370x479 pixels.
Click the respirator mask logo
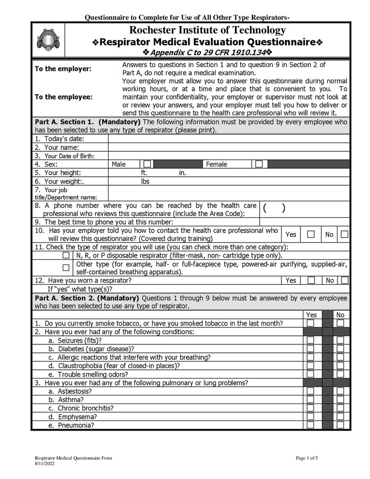coord(47,40)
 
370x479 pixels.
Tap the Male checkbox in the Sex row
coord(147,164)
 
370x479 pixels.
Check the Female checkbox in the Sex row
coord(259,164)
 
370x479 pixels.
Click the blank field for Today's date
coord(229,139)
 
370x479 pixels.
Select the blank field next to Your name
coord(229,147)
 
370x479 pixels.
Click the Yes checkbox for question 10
coord(311,234)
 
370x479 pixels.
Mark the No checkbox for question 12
coord(344,280)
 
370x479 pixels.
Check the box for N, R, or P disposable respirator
coord(66,255)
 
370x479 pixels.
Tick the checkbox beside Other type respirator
coord(66,268)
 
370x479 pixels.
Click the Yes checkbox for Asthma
coord(310,400)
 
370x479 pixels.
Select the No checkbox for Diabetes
coord(340,349)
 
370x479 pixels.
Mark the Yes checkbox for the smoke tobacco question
coord(310,323)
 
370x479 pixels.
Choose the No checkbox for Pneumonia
coord(340,425)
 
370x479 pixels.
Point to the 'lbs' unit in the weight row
coord(145,181)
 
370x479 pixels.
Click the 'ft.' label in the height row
coord(144,173)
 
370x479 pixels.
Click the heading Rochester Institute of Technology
coord(207,30)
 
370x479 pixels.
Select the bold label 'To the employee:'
coord(63,97)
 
